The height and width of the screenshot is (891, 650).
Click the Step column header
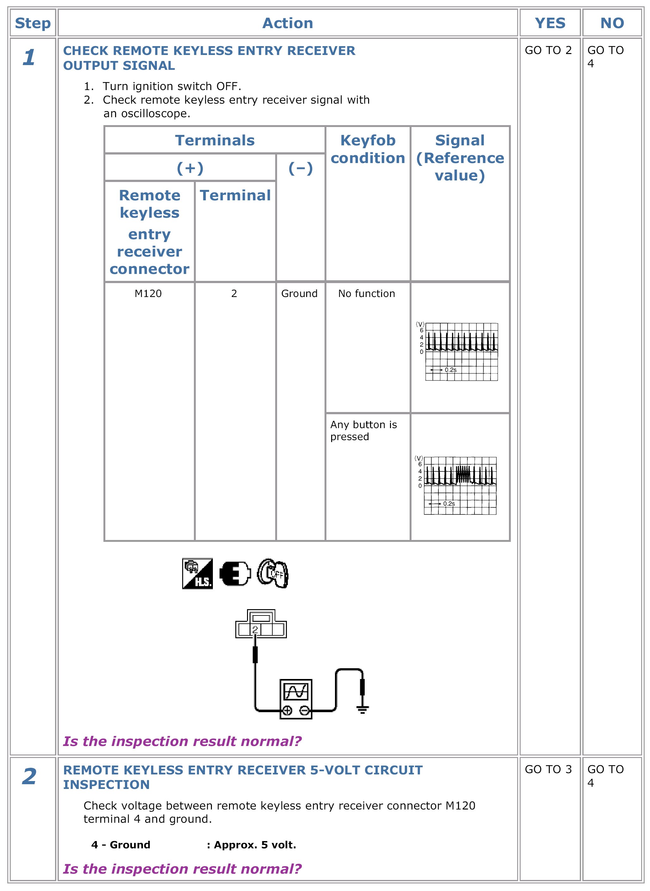(33, 23)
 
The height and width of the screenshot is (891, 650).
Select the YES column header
(550, 23)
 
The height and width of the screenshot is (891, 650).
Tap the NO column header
(612, 23)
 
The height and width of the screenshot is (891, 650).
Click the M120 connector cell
(148, 294)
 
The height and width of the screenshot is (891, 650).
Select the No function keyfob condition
(366, 294)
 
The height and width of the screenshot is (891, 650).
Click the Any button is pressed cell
(363, 430)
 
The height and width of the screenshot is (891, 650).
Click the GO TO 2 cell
(548, 50)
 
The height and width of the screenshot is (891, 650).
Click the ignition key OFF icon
(273, 573)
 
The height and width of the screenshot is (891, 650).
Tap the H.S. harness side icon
(197, 573)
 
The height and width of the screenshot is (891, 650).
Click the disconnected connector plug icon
(235, 573)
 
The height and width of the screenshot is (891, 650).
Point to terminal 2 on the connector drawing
(255, 629)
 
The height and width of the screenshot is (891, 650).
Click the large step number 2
(29, 777)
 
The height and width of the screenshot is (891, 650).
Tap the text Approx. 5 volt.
(255, 845)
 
